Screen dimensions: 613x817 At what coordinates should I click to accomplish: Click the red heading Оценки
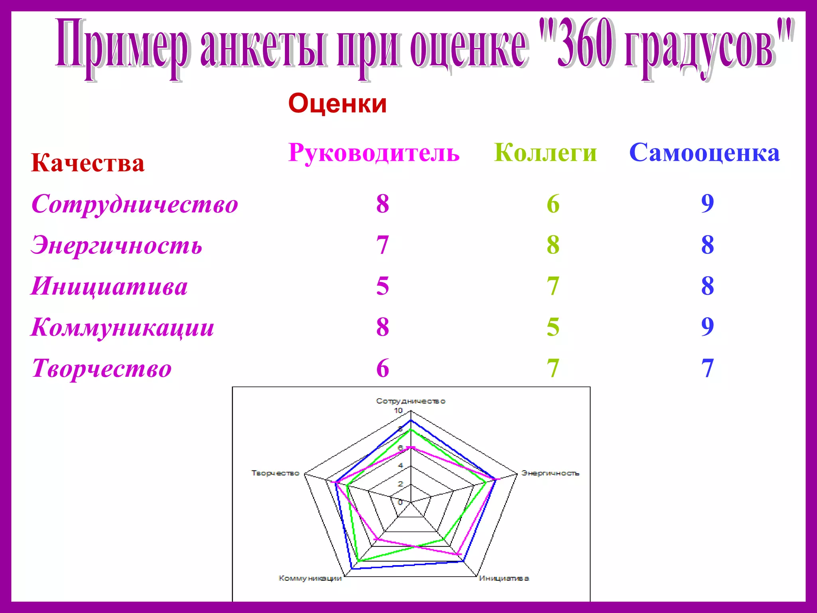pyautogui.click(x=337, y=103)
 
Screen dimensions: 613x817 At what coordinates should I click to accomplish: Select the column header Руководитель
pyautogui.click(x=374, y=152)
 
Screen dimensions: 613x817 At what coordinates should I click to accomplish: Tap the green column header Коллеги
pyautogui.click(x=545, y=152)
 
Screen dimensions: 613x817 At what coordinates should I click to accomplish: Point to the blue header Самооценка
pyautogui.click(x=705, y=152)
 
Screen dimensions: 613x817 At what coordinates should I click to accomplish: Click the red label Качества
pyautogui.click(x=88, y=163)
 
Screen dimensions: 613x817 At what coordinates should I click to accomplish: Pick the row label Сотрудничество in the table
pyautogui.click(x=135, y=204)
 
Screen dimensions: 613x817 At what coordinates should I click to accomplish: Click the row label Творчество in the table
pyautogui.click(x=102, y=368)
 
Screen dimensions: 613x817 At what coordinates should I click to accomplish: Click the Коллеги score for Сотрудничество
pyautogui.click(x=553, y=204)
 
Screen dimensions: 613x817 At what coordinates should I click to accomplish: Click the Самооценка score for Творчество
pyautogui.click(x=707, y=368)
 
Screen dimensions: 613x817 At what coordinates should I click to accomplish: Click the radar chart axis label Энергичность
pyautogui.click(x=551, y=473)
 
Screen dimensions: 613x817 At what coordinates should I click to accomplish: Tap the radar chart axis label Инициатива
pyautogui.click(x=504, y=578)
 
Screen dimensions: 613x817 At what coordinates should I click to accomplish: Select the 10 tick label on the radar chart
pyautogui.click(x=398, y=411)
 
